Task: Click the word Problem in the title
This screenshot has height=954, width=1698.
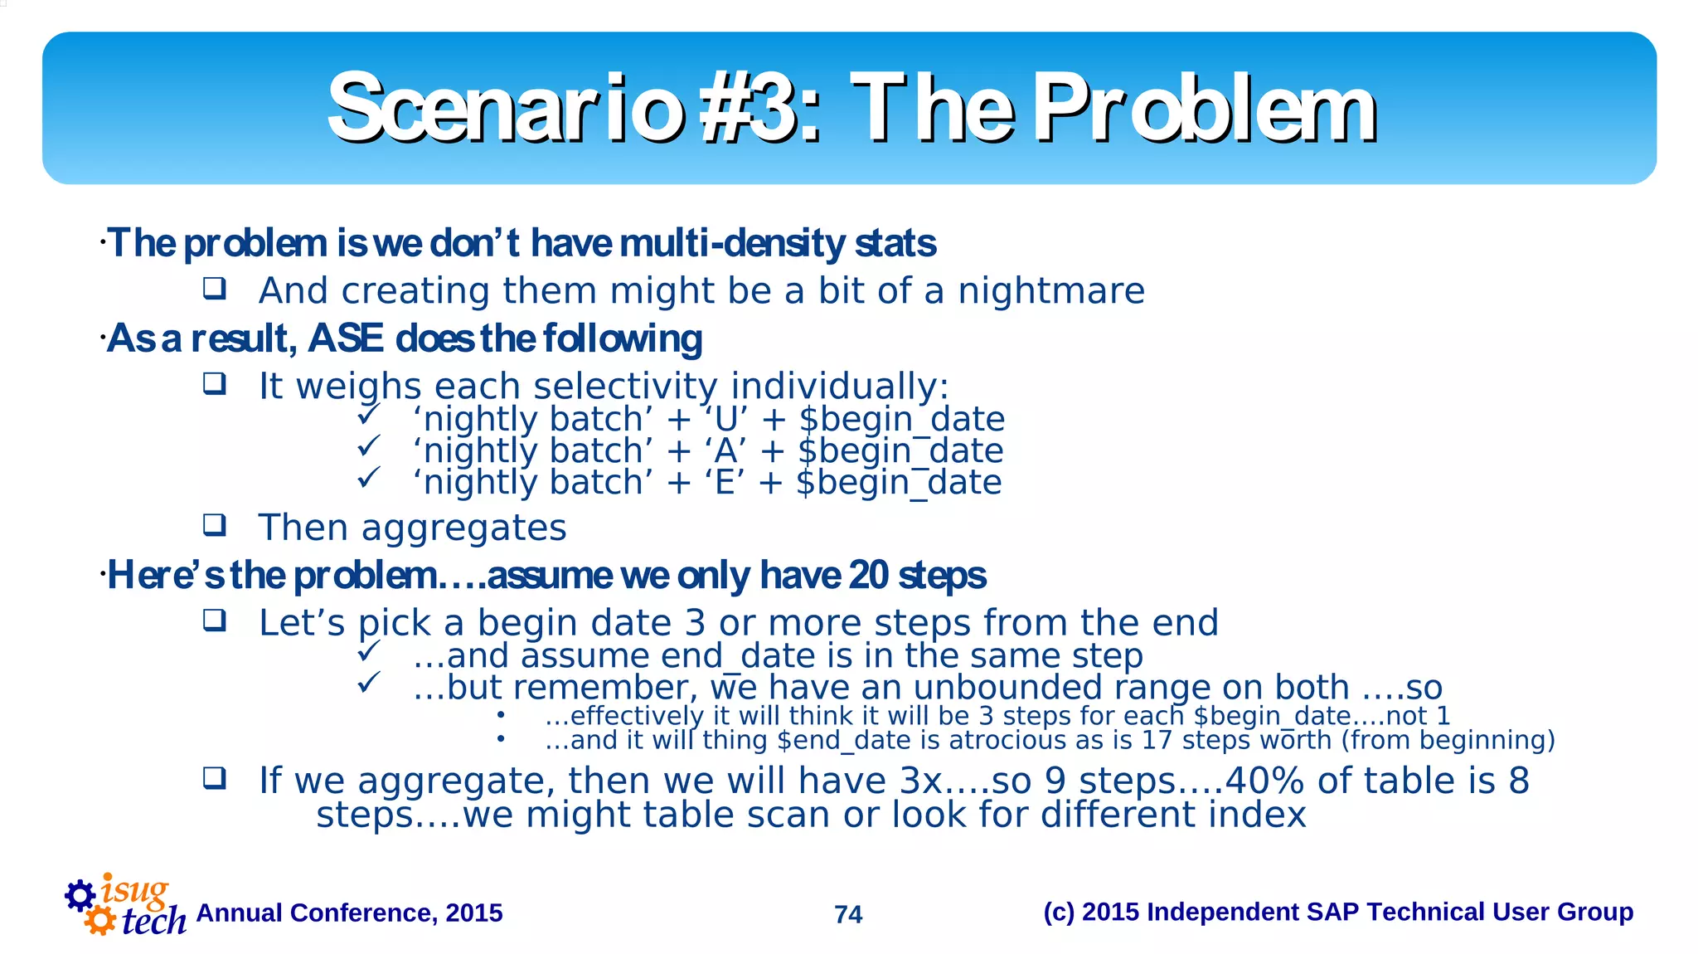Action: [1206, 108]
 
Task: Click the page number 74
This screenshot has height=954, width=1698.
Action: [848, 914]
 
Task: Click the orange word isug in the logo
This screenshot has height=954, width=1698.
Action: [134, 891]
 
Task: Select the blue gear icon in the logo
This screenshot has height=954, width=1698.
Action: [80, 895]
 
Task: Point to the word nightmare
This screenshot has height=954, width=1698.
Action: [1050, 291]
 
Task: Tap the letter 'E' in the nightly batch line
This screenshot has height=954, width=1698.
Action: [725, 483]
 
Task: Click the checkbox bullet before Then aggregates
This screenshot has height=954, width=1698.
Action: [215, 524]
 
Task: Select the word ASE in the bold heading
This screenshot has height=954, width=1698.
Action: [346, 338]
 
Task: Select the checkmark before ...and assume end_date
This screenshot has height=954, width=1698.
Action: [368, 652]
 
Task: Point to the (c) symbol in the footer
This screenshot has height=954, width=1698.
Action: [1058, 912]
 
